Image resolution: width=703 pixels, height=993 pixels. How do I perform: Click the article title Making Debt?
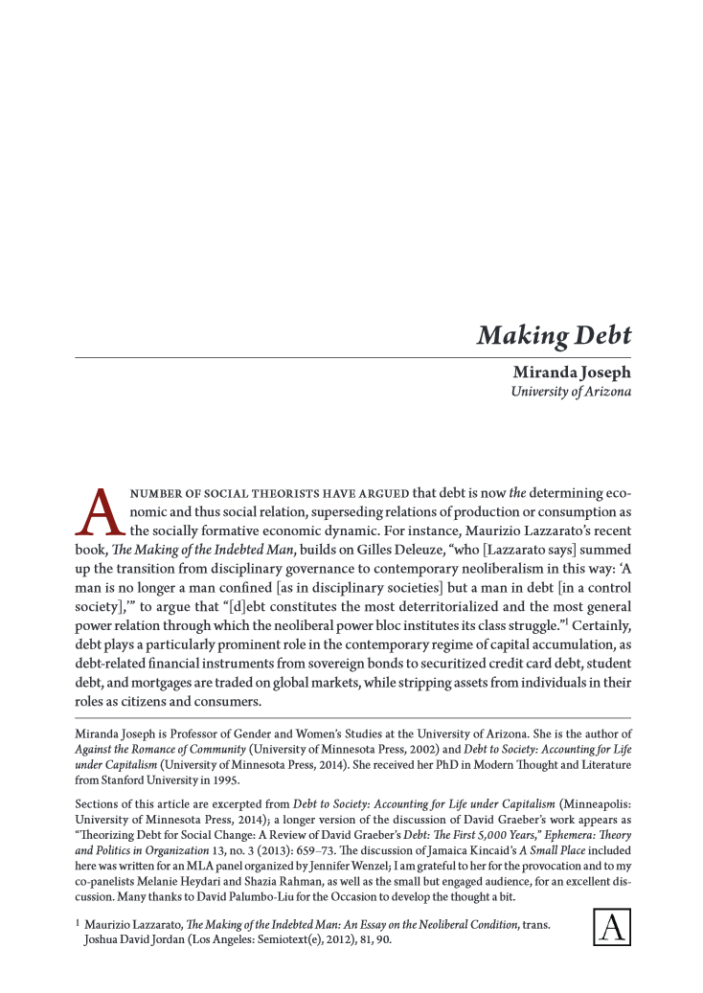tap(554, 336)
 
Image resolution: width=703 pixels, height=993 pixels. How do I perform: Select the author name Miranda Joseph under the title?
tap(572, 374)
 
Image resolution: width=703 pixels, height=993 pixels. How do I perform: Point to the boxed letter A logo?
tap(610, 926)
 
